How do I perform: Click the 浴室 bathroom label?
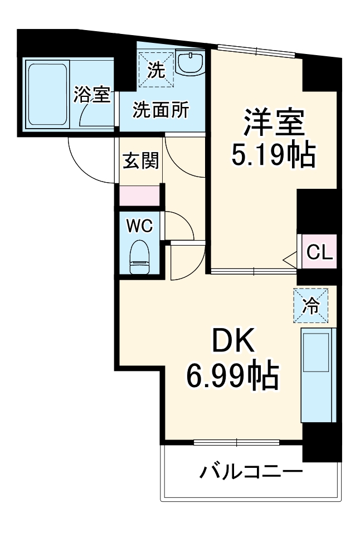[x=91, y=95]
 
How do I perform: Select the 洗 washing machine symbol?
[x=156, y=70]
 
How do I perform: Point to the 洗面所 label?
[x=160, y=110]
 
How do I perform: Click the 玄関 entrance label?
[x=140, y=161]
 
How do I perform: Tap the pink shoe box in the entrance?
[x=139, y=196]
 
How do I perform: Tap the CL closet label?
[x=320, y=253]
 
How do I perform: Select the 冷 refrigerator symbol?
[x=311, y=305]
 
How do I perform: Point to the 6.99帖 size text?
[x=232, y=378]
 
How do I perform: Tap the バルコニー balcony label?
[x=251, y=473]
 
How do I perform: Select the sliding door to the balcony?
[x=236, y=443]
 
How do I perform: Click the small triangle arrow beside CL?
[x=290, y=258]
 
